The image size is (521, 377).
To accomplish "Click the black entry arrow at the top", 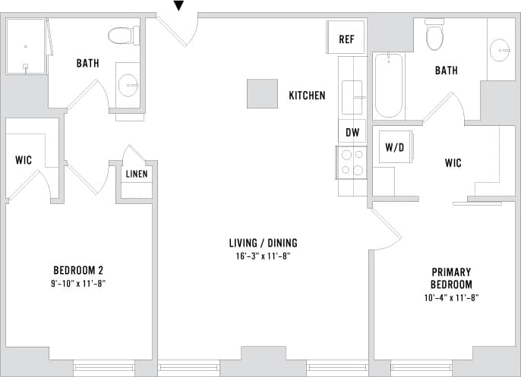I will (178, 6).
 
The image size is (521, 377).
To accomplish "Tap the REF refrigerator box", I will (346, 39).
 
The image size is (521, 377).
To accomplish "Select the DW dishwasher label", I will (352, 132).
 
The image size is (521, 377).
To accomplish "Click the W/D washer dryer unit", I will (395, 146).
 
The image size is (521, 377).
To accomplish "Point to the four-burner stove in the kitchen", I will (352, 162).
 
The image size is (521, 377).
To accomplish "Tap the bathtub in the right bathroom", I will (388, 84).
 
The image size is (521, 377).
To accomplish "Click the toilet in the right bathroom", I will (434, 35).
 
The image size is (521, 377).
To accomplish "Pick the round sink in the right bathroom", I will (500, 50).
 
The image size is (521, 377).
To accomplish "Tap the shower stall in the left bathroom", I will (26, 46).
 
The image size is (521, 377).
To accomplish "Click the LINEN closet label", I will (137, 174).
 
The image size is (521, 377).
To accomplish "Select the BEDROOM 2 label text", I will (78, 271).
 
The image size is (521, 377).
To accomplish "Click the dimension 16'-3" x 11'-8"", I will (264, 256).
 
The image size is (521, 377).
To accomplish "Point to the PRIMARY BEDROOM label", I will (451, 278).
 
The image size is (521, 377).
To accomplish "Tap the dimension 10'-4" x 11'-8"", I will (452, 297).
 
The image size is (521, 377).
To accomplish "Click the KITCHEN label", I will (307, 96).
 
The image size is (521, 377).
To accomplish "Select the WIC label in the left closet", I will (23, 160).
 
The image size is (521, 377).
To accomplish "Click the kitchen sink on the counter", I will (352, 98).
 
